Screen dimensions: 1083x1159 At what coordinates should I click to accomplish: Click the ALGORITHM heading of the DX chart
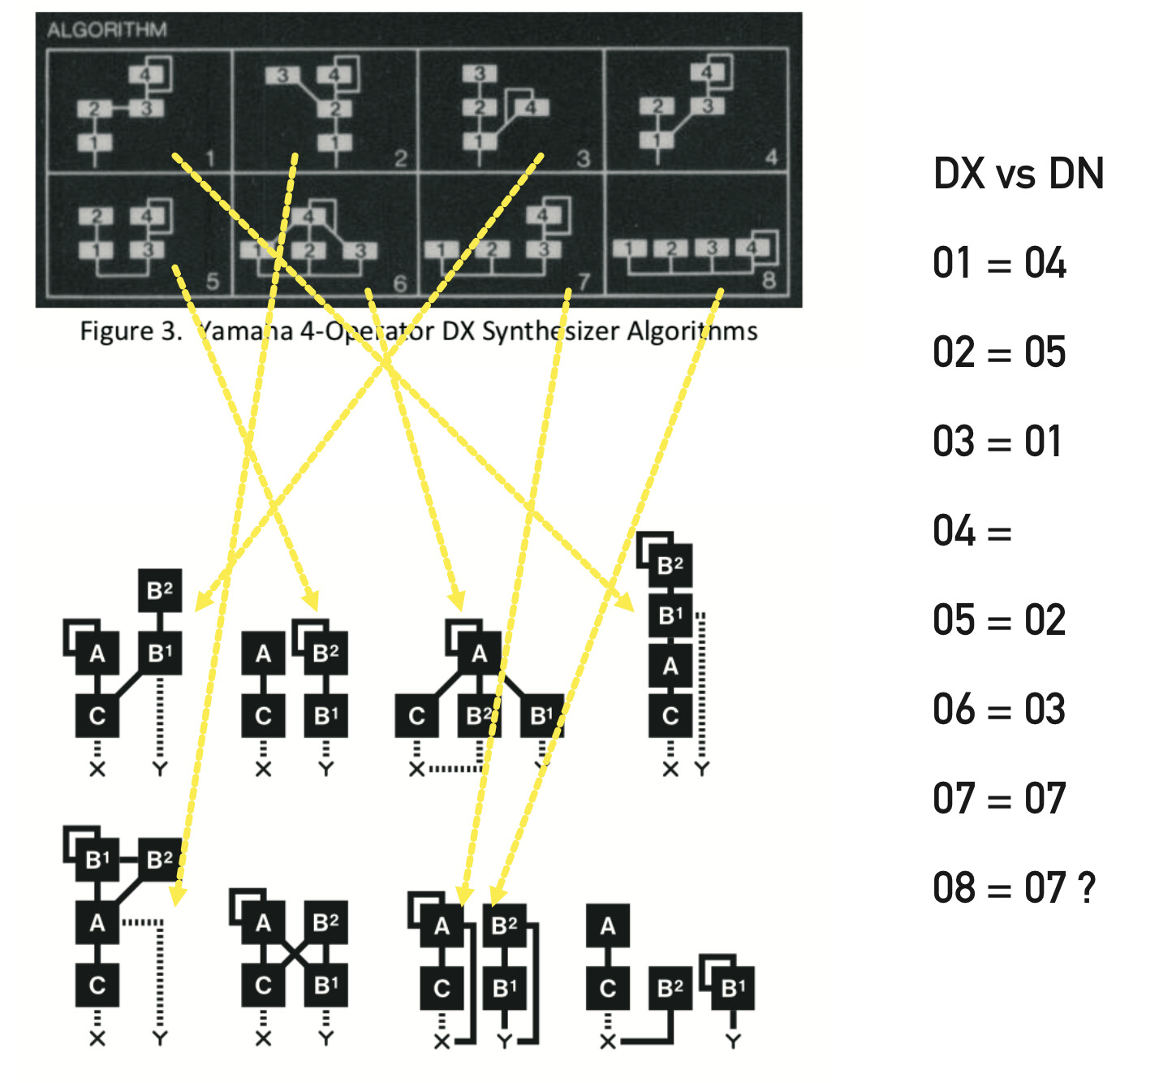pos(106,31)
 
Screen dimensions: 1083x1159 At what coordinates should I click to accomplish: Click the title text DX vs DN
pos(1018,175)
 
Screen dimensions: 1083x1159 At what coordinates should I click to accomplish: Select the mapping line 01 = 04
pos(999,264)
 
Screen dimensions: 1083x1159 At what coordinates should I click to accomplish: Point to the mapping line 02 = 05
pos(999,353)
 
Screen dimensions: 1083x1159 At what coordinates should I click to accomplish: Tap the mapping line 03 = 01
pos(997,442)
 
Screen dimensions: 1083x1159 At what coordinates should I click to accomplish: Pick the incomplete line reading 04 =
pos(972,532)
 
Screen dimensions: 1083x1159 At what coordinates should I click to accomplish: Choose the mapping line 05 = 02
pos(999,621)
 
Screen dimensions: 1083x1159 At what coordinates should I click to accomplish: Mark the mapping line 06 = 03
pos(999,710)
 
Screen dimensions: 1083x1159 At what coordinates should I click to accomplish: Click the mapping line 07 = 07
pos(999,800)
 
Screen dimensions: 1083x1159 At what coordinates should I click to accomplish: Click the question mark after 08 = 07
pos(1088,888)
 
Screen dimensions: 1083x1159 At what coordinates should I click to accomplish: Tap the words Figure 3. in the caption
pos(131,332)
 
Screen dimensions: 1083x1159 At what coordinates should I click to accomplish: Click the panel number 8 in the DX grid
pos(769,281)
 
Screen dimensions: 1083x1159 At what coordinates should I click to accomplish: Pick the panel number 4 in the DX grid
pos(771,157)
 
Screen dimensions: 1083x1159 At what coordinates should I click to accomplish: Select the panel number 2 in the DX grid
pos(400,158)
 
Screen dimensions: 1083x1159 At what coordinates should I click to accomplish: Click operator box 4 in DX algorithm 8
pos(751,248)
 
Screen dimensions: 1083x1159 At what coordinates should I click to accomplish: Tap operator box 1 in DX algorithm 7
pos(440,249)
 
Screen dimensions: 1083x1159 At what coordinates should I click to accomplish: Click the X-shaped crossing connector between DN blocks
pos(295,954)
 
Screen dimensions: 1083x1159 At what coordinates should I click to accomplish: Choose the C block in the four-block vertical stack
pos(670,716)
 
